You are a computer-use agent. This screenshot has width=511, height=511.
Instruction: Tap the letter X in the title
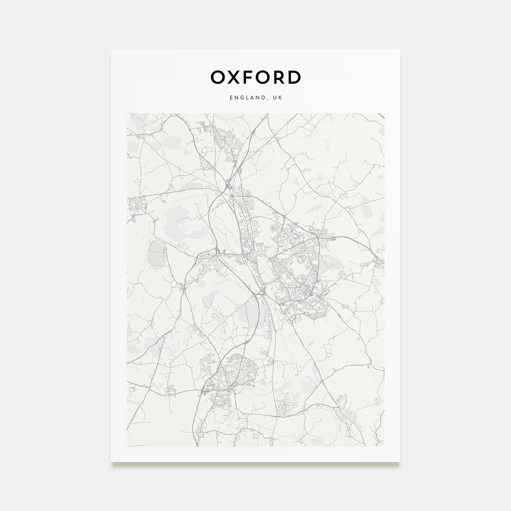(234, 77)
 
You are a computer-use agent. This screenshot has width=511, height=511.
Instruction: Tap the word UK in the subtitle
(278, 98)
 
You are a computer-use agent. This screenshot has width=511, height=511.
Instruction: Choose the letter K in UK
(281, 98)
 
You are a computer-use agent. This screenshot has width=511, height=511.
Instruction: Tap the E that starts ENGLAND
(231, 98)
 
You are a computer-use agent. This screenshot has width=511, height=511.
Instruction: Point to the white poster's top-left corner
(111, 50)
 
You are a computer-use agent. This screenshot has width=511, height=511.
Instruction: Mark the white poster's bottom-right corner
(400, 461)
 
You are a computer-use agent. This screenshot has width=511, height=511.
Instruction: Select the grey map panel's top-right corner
(384, 113)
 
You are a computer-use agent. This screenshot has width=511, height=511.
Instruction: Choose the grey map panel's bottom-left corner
(127, 446)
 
